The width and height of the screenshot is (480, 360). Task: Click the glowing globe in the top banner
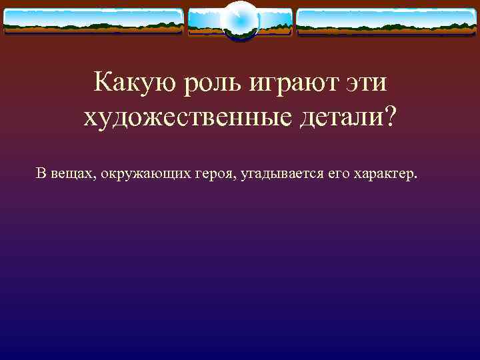click(x=239, y=21)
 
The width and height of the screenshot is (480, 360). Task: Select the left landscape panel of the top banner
click(x=93, y=21)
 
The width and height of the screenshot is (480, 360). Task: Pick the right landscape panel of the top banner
click(x=386, y=21)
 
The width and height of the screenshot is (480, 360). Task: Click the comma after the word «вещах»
click(x=97, y=179)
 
